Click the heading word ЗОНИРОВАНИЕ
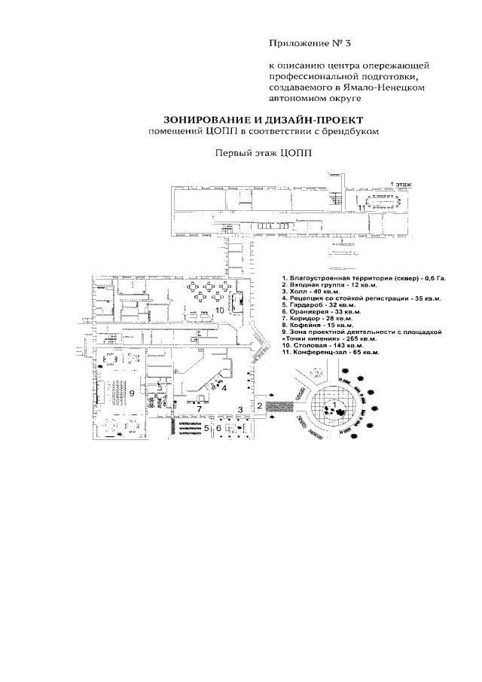click(206, 119)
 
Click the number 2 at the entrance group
click(260, 407)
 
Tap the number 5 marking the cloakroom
click(206, 427)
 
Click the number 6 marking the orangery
click(218, 427)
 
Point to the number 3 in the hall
click(239, 409)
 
